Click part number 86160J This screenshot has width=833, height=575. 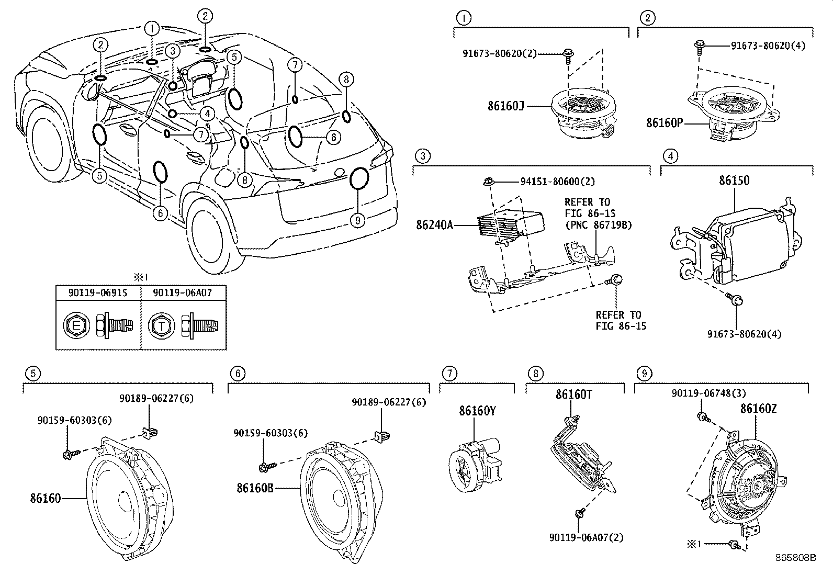pyautogui.click(x=505, y=106)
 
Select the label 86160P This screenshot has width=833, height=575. pyautogui.click(x=665, y=123)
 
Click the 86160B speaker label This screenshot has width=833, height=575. pyautogui.click(x=255, y=488)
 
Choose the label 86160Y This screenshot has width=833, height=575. pyautogui.click(x=477, y=411)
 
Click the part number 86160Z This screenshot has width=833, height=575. pyautogui.click(x=758, y=409)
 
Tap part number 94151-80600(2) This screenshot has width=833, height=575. pyautogui.click(x=557, y=182)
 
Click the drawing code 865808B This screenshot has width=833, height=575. pyautogui.click(x=795, y=558)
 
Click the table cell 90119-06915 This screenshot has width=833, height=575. pyautogui.click(x=98, y=292)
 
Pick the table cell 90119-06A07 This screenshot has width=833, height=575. pyautogui.click(x=183, y=292)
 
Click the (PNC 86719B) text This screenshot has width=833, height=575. pyautogui.click(x=598, y=225)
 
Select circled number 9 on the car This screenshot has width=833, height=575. pyautogui.click(x=358, y=220)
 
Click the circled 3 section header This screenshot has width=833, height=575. pyautogui.click(x=422, y=155)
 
